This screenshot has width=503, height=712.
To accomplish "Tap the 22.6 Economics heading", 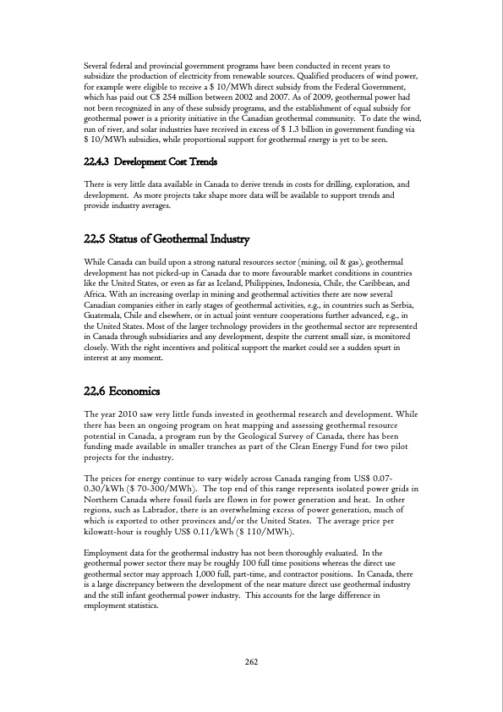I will [126, 392].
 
